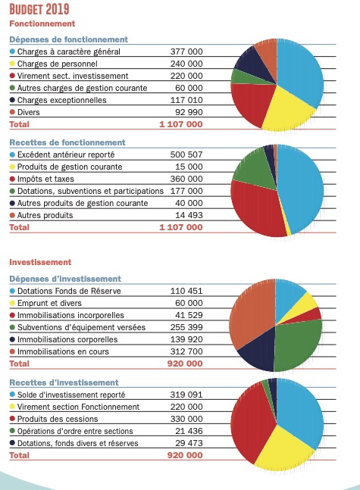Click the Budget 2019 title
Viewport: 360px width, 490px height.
pyautogui.click(x=39, y=9)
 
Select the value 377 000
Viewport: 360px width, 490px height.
pyautogui.click(x=186, y=51)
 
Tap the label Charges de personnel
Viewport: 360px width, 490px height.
pyautogui.click(x=58, y=64)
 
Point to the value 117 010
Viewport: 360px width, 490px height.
pyautogui.click(x=186, y=100)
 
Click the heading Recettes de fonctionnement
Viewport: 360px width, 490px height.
pyautogui.click(x=67, y=142)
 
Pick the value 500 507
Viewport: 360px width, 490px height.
pyautogui.click(x=186, y=154)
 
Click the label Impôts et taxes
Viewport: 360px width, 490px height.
pyautogui.click(x=45, y=179)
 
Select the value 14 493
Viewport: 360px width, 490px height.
pyautogui.click(x=189, y=215)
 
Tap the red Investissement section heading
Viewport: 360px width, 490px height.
pyautogui.click(x=40, y=262)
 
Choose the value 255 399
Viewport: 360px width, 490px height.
pyautogui.click(x=186, y=327)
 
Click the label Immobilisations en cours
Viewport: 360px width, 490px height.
pyautogui.click(x=63, y=351)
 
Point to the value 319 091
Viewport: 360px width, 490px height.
pyautogui.click(x=186, y=395)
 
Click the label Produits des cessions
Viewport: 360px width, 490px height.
pyautogui.click(x=58, y=419)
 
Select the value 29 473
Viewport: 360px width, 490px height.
pyautogui.click(x=189, y=443)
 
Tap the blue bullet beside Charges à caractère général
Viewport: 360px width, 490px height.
pyautogui.click(x=12, y=51)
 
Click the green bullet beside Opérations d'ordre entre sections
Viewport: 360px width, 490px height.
pyautogui.click(x=12, y=431)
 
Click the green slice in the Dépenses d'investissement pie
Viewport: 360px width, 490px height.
pyautogui.click(x=297, y=344)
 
